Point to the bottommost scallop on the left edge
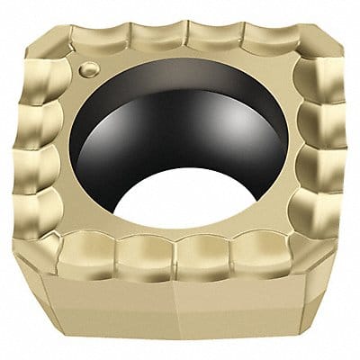tap(41, 216)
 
